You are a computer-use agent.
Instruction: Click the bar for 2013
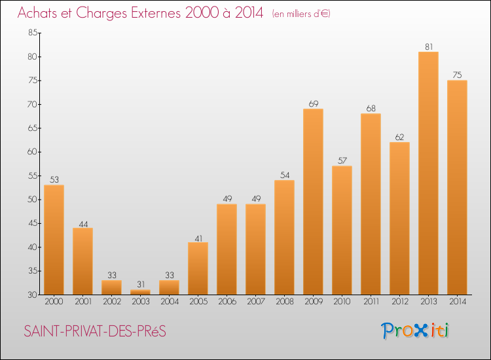coord(428,173)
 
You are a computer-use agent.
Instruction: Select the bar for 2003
coord(140,292)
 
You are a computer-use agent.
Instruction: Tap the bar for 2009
coord(313,202)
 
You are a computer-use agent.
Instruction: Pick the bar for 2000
coord(54,240)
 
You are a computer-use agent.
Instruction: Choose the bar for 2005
coord(198,268)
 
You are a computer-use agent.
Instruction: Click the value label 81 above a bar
coord(429,46)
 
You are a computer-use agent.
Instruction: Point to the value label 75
coord(457,75)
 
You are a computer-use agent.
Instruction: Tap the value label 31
coord(141,284)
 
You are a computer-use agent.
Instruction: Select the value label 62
coord(399,137)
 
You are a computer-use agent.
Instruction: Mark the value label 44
coord(83,224)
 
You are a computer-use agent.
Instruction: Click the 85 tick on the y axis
coord(33,33)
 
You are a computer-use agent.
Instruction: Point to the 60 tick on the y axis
coord(33,152)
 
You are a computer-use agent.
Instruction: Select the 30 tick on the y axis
coord(33,295)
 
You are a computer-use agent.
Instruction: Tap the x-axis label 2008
coord(285,302)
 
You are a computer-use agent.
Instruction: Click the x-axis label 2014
coord(458,302)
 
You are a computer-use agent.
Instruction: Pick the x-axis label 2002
coord(112,302)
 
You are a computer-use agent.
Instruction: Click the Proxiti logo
coord(414,331)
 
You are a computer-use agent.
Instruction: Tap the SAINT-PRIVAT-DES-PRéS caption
coord(95,331)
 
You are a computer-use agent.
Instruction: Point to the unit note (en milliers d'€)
coord(301,14)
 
